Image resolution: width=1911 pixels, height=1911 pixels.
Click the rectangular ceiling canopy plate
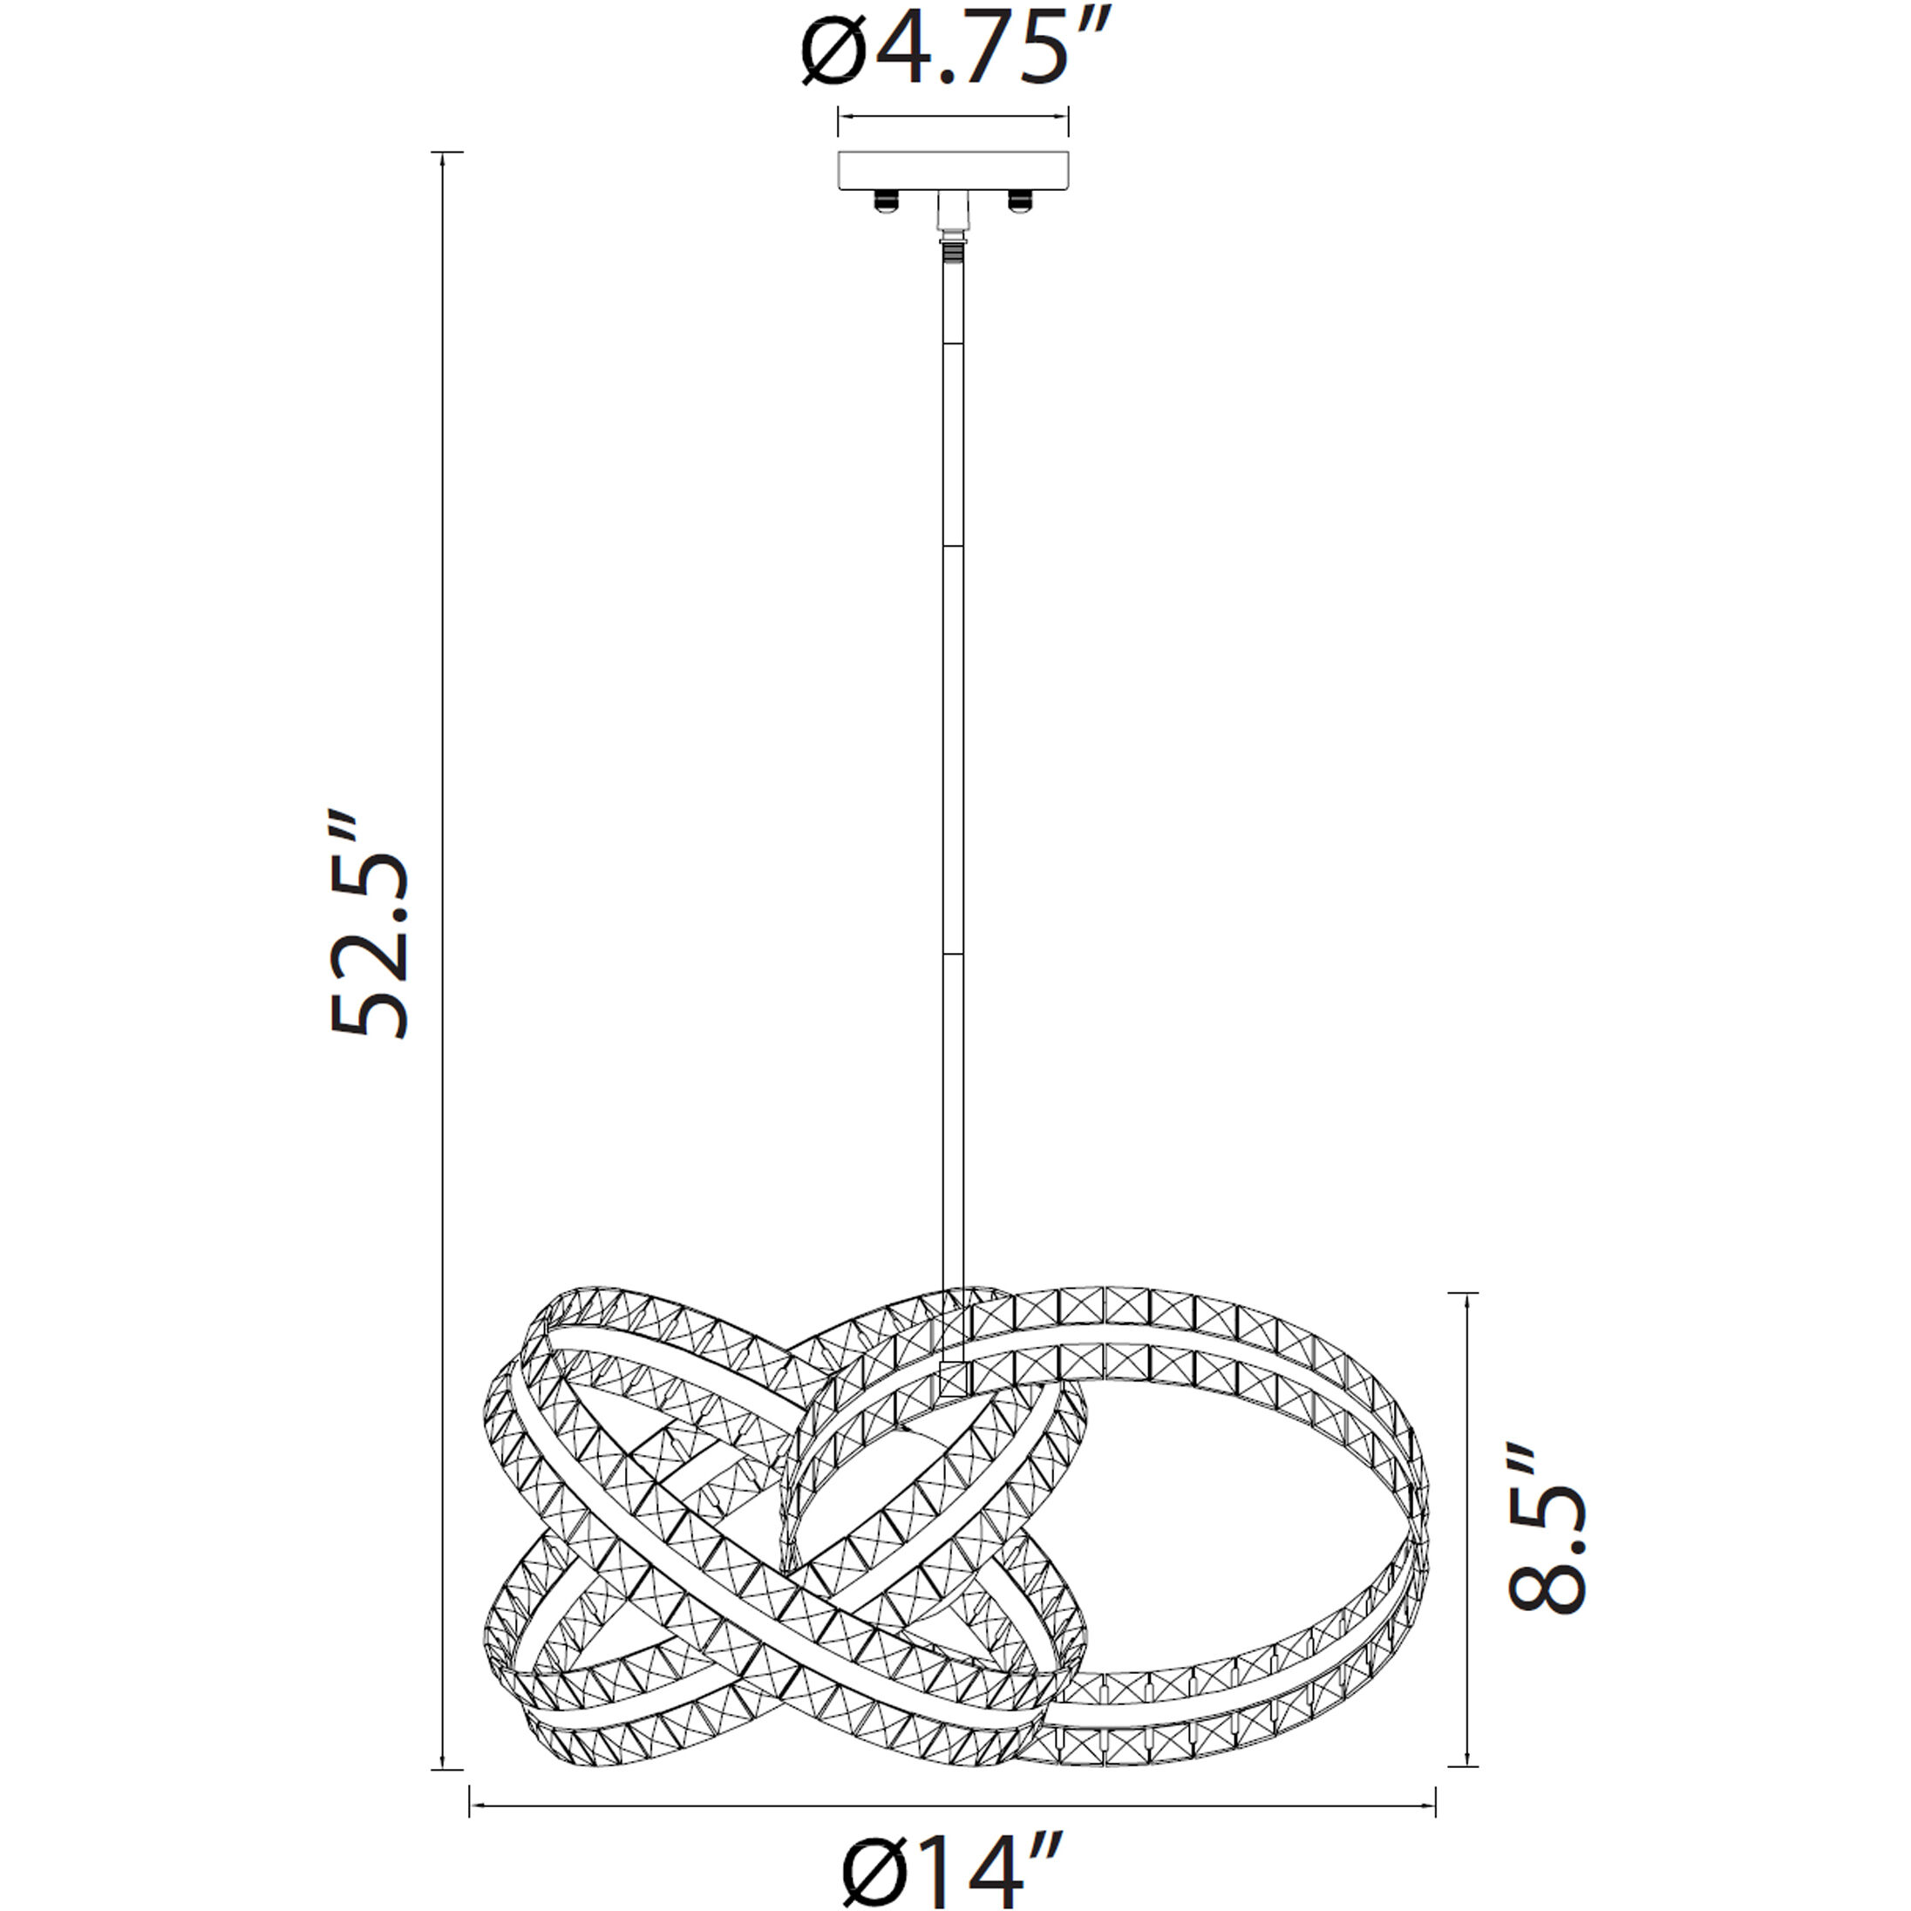click(954, 170)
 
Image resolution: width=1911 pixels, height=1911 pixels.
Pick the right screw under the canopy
click(1020, 201)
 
